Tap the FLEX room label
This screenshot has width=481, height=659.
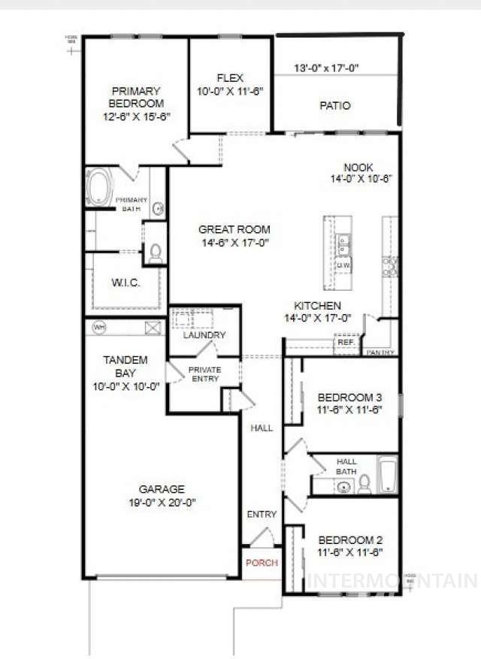(229, 77)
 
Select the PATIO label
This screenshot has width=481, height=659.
(335, 106)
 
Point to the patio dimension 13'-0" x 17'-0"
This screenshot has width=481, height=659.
(326, 68)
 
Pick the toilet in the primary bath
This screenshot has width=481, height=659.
(156, 253)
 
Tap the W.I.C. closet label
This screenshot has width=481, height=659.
(126, 284)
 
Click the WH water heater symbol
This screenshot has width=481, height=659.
(99, 327)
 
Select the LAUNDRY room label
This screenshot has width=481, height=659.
(204, 335)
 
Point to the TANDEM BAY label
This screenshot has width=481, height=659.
(125, 360)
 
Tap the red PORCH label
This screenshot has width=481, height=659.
(261, 563)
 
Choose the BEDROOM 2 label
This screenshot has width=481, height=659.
(350, 540)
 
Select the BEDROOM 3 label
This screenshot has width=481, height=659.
(350, 398)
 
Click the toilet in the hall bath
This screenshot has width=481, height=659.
(365, 483)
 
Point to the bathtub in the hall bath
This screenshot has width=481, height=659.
(386, 476)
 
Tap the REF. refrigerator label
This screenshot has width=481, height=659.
(346, 342)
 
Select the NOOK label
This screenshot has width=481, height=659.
(358, 167)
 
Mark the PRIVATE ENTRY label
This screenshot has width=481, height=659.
(204, 373)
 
